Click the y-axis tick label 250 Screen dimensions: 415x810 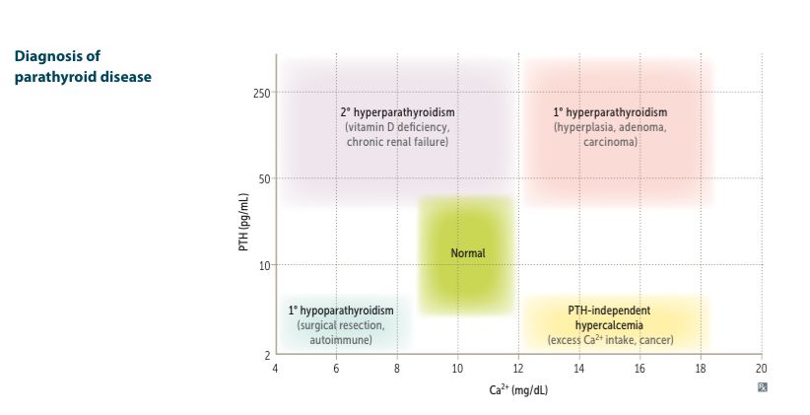pos(263,94)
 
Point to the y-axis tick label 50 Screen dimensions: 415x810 pos(265,179)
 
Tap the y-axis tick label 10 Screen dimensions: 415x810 pos(265,265)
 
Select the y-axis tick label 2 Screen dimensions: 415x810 pos(268,354)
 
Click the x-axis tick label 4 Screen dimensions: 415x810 pos(276,368)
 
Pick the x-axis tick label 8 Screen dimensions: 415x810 pos(397,368)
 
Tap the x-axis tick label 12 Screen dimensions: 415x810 pos(518,368)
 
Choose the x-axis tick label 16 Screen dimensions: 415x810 pos(640,368)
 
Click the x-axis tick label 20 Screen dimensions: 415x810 pos(761,368)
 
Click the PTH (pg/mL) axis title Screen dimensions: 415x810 pos(243,222)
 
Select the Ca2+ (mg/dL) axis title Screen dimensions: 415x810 pos(518,389)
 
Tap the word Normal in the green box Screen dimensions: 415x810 pos(468,253)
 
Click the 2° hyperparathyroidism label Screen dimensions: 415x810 pos(397,112)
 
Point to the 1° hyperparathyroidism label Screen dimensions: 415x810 pos(610,112)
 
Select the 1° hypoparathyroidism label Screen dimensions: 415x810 pos(341,310)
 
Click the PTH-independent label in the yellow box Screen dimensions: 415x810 pos(610,310)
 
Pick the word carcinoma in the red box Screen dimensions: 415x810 pos(610,142)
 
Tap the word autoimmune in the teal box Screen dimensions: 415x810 pos(341,339)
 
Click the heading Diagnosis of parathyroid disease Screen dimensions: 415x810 pos(83,66)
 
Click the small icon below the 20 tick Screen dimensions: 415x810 pos(762,387)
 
